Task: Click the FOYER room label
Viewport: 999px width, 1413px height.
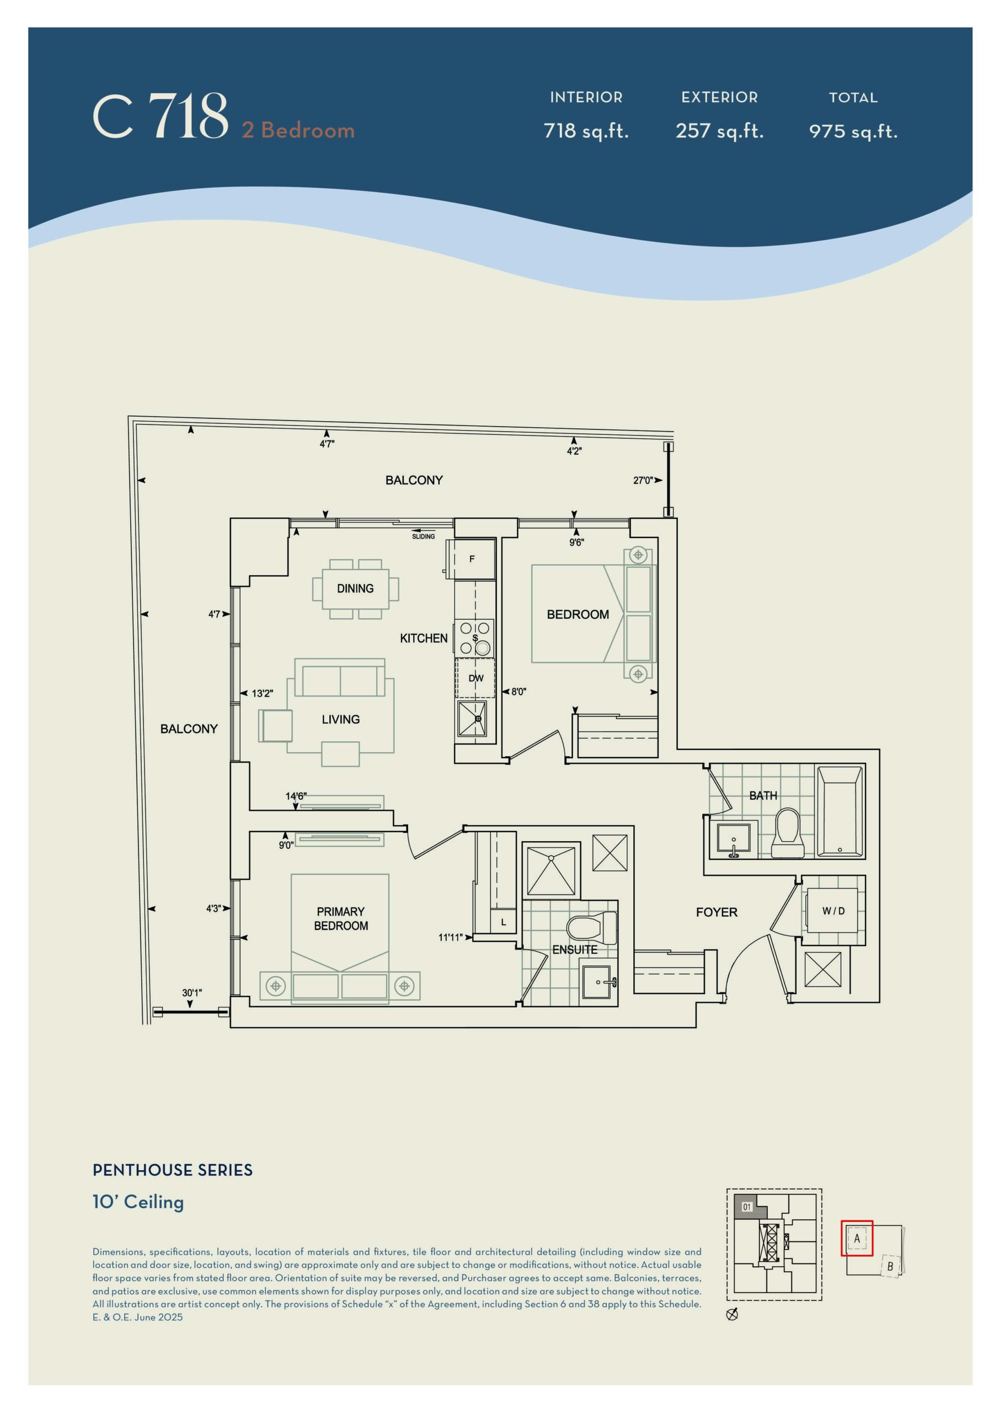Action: (x=716, y=912)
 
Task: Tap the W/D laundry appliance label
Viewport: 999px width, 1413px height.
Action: (x=834, y=911)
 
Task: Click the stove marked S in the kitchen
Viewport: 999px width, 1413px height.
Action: (x=475, y=637)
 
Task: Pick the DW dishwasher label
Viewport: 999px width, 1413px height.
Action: (x=476, y=678)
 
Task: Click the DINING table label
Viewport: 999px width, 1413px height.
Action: (x=355, y=588)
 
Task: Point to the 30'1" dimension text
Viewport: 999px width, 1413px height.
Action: (x=192, y=992)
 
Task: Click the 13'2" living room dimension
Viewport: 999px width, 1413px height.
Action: (x=262, y=694)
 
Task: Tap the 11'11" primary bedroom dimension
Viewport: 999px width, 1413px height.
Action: (x=450, y=937)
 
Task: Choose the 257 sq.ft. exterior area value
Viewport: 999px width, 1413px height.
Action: (x=719, y=131)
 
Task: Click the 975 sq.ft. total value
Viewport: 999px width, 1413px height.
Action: (x=853, y=131)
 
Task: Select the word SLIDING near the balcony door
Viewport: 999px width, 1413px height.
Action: (x=423, y=536)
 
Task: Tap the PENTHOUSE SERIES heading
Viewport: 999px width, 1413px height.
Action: (x=172, y=1170)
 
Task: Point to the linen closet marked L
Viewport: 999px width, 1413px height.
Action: (x=503, y=922)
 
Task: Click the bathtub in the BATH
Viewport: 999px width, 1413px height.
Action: (x=840, y=811)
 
